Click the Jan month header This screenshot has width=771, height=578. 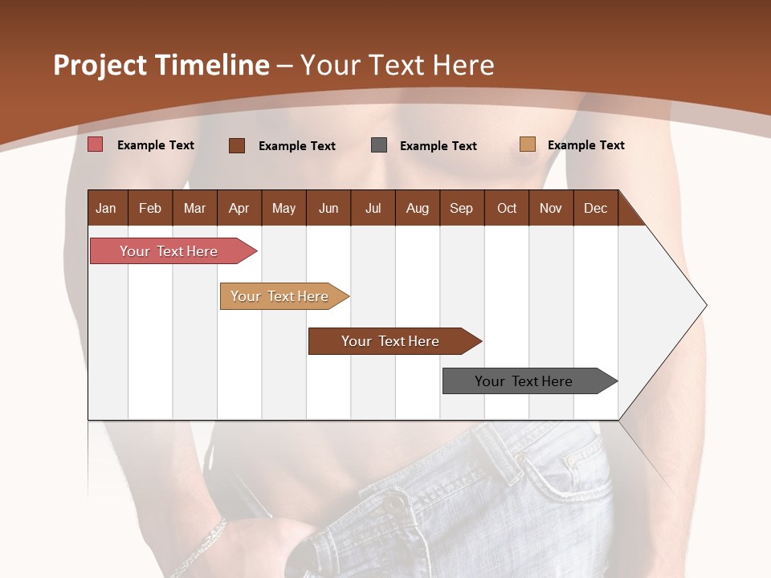point(107,208)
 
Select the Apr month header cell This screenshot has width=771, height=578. point(239,208)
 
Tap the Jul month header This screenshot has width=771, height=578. point(373,208)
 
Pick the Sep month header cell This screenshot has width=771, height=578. point(462,208)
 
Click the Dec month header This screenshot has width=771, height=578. point(595,208)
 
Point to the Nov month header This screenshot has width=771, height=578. point(551,208)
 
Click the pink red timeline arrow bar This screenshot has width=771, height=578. point(169,251)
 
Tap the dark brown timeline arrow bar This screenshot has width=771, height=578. point(391,341)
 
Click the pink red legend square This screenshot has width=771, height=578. point(96,144)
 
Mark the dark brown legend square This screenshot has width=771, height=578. point(237,145)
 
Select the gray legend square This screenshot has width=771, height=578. point(379,145)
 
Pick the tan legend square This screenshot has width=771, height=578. point(527,144)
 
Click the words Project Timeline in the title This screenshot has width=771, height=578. point(161,65)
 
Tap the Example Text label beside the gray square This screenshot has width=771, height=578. point(438,146)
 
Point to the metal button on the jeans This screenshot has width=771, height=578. point(394,504)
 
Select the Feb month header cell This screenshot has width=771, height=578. point(150,208)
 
